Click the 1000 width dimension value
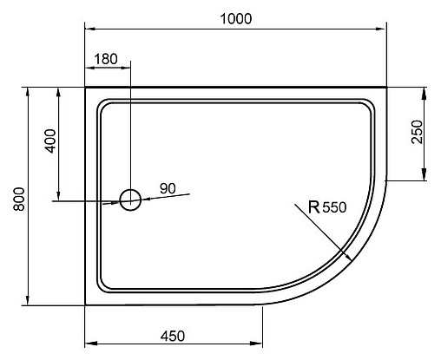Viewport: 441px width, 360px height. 235,17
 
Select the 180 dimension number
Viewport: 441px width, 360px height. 104,59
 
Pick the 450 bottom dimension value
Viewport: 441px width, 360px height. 174,336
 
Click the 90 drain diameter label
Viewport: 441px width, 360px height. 168,188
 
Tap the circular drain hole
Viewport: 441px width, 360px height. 129,200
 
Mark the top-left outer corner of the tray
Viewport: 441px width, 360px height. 85,87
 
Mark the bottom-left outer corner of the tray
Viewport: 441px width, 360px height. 85,305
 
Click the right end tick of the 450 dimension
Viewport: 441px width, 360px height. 263,343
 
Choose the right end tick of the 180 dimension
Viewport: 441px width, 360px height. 129,67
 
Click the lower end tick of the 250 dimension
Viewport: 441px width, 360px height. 424,180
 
